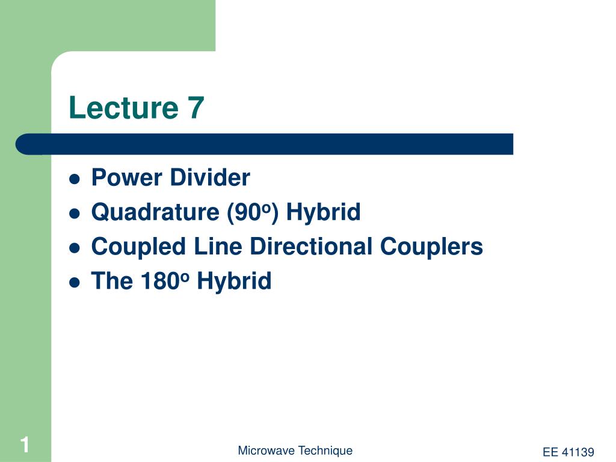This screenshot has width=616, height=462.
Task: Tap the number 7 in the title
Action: pos(196,108)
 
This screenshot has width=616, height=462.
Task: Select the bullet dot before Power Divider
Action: pos(75,179)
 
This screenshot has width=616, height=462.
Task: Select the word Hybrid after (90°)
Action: pos(323,212)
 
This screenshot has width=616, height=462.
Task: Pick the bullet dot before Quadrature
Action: pos(75,213)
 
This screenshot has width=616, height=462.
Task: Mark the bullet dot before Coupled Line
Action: pos(75,247)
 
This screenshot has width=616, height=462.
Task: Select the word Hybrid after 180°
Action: pos(235,281)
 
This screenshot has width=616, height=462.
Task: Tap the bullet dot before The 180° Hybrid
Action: pos(75,282)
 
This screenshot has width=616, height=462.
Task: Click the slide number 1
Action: pos(25,446)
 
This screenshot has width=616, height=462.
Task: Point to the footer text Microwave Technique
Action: pos(295,451)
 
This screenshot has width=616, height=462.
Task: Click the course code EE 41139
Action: pos(568,452)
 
